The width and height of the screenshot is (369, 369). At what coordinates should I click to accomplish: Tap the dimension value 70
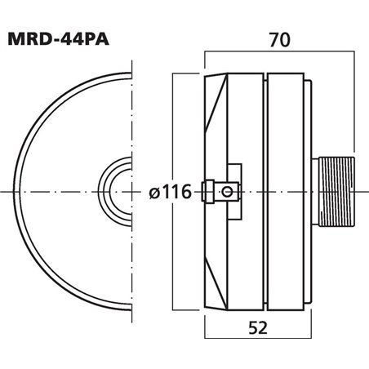click(279, 37)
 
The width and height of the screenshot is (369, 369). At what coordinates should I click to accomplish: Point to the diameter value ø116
click(170, 193)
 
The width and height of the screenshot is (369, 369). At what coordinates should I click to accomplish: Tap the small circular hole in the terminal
click(226, 190)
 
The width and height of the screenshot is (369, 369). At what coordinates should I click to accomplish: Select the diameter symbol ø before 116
click(154, 193)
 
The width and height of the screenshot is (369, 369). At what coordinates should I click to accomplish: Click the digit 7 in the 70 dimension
click(272, 37)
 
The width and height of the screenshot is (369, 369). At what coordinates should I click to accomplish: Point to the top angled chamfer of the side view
click(214, 90)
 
